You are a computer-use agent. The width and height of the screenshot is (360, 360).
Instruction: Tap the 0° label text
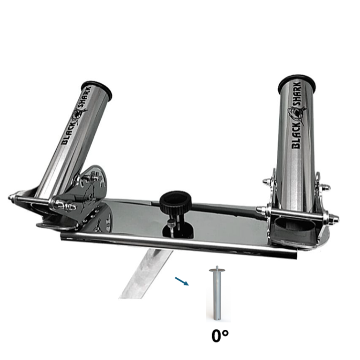click(220, 336)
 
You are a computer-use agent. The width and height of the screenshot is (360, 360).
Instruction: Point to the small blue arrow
click(182, 281)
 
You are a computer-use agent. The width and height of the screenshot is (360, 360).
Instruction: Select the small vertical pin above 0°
click(217, 293)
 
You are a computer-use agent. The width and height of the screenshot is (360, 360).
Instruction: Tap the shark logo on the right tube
click(297, 114)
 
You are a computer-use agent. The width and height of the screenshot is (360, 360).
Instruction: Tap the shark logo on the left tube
click(78, 115)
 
